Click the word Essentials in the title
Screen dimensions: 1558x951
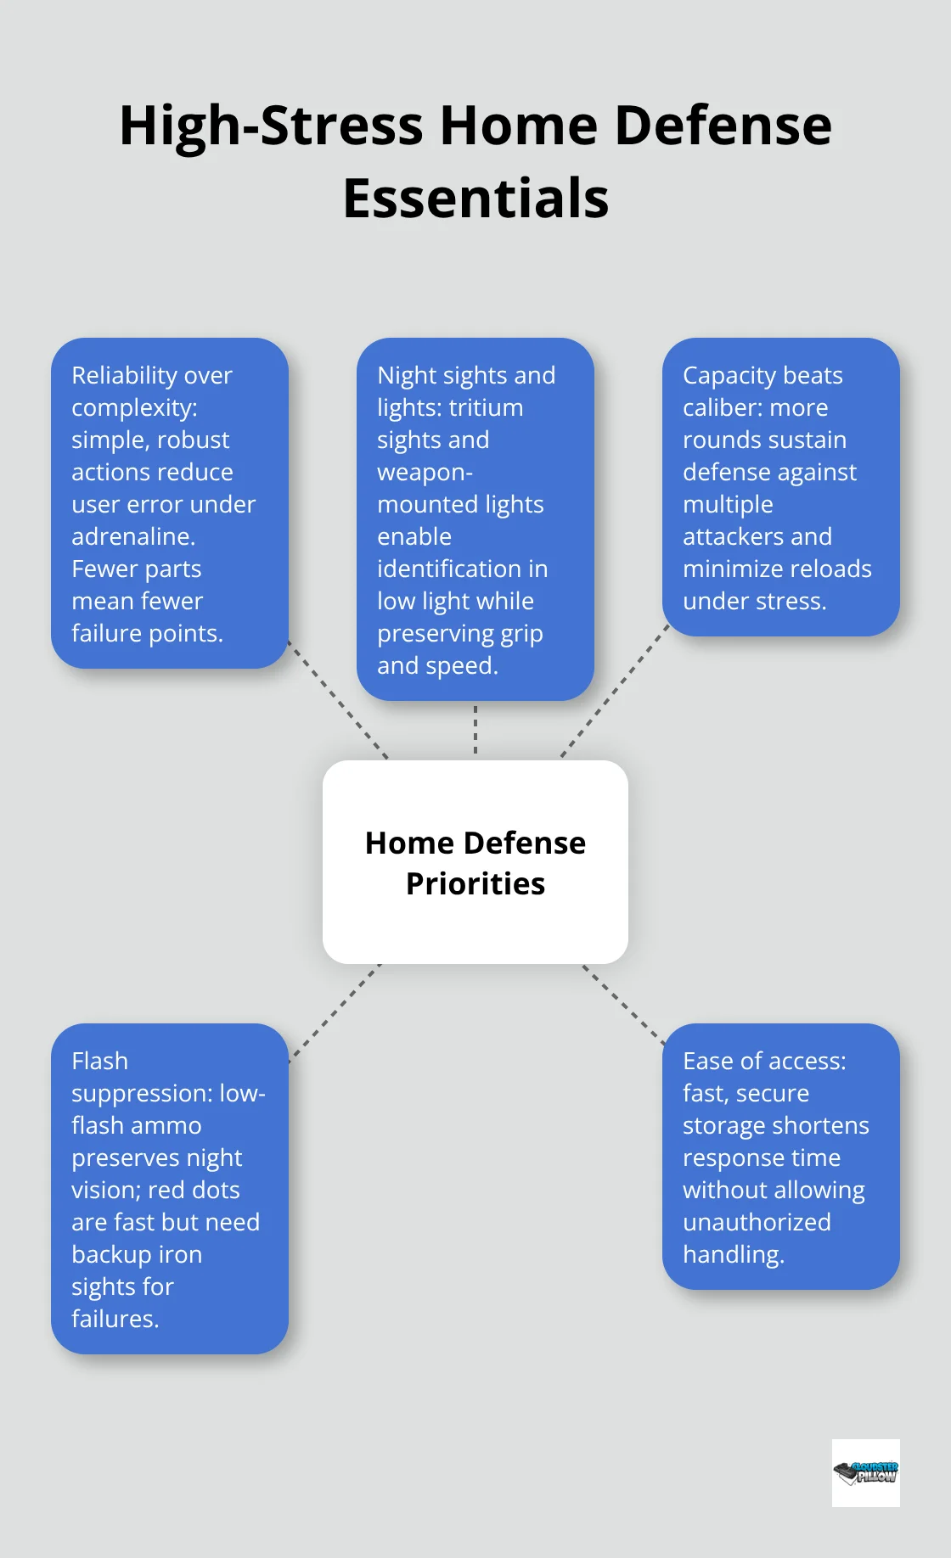(x=475, y=199)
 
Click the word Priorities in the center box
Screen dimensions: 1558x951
(x=475, y=884)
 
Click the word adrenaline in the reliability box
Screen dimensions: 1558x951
(x=132, y=536)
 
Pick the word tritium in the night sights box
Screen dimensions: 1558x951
(x=487, y=407)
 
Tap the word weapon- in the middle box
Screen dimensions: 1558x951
(x=425, y=472)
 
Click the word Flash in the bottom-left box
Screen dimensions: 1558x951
(x=99, y=1061)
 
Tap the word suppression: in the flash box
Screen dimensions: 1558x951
(x=142, y=1094)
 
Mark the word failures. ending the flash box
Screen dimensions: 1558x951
(x=115, y=1319)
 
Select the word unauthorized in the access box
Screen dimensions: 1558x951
(x=757, y=1222)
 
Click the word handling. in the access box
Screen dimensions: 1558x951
(x=733, y=1254)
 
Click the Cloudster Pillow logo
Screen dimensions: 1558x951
(x=865, y=1472)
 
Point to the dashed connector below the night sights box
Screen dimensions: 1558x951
(x=475, y=730)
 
